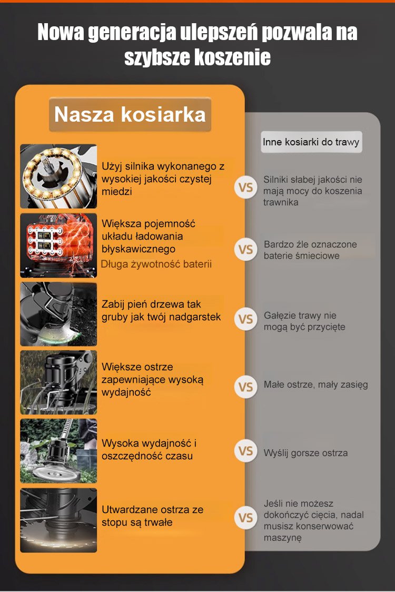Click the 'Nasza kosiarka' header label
pos(130,114)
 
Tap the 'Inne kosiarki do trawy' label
pos(311,142)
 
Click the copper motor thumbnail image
pos(58,176)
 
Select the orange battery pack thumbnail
pos(58,245)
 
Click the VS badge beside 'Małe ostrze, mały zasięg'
pos(245,387)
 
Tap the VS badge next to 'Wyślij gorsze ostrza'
pos(245,451)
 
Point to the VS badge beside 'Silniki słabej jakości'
pos(245,187)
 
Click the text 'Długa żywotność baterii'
pos(156,264)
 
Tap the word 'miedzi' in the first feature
pos(117,192)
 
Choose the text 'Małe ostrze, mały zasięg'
pos(315,384)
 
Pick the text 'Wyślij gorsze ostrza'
pos(305,453)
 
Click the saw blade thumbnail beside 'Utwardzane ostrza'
pos(58,520)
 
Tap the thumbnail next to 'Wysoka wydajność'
pos(58,451)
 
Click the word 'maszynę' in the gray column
pos(282,537)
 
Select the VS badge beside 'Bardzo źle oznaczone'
pos(245,249)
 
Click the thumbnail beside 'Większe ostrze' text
pos(58,382)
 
